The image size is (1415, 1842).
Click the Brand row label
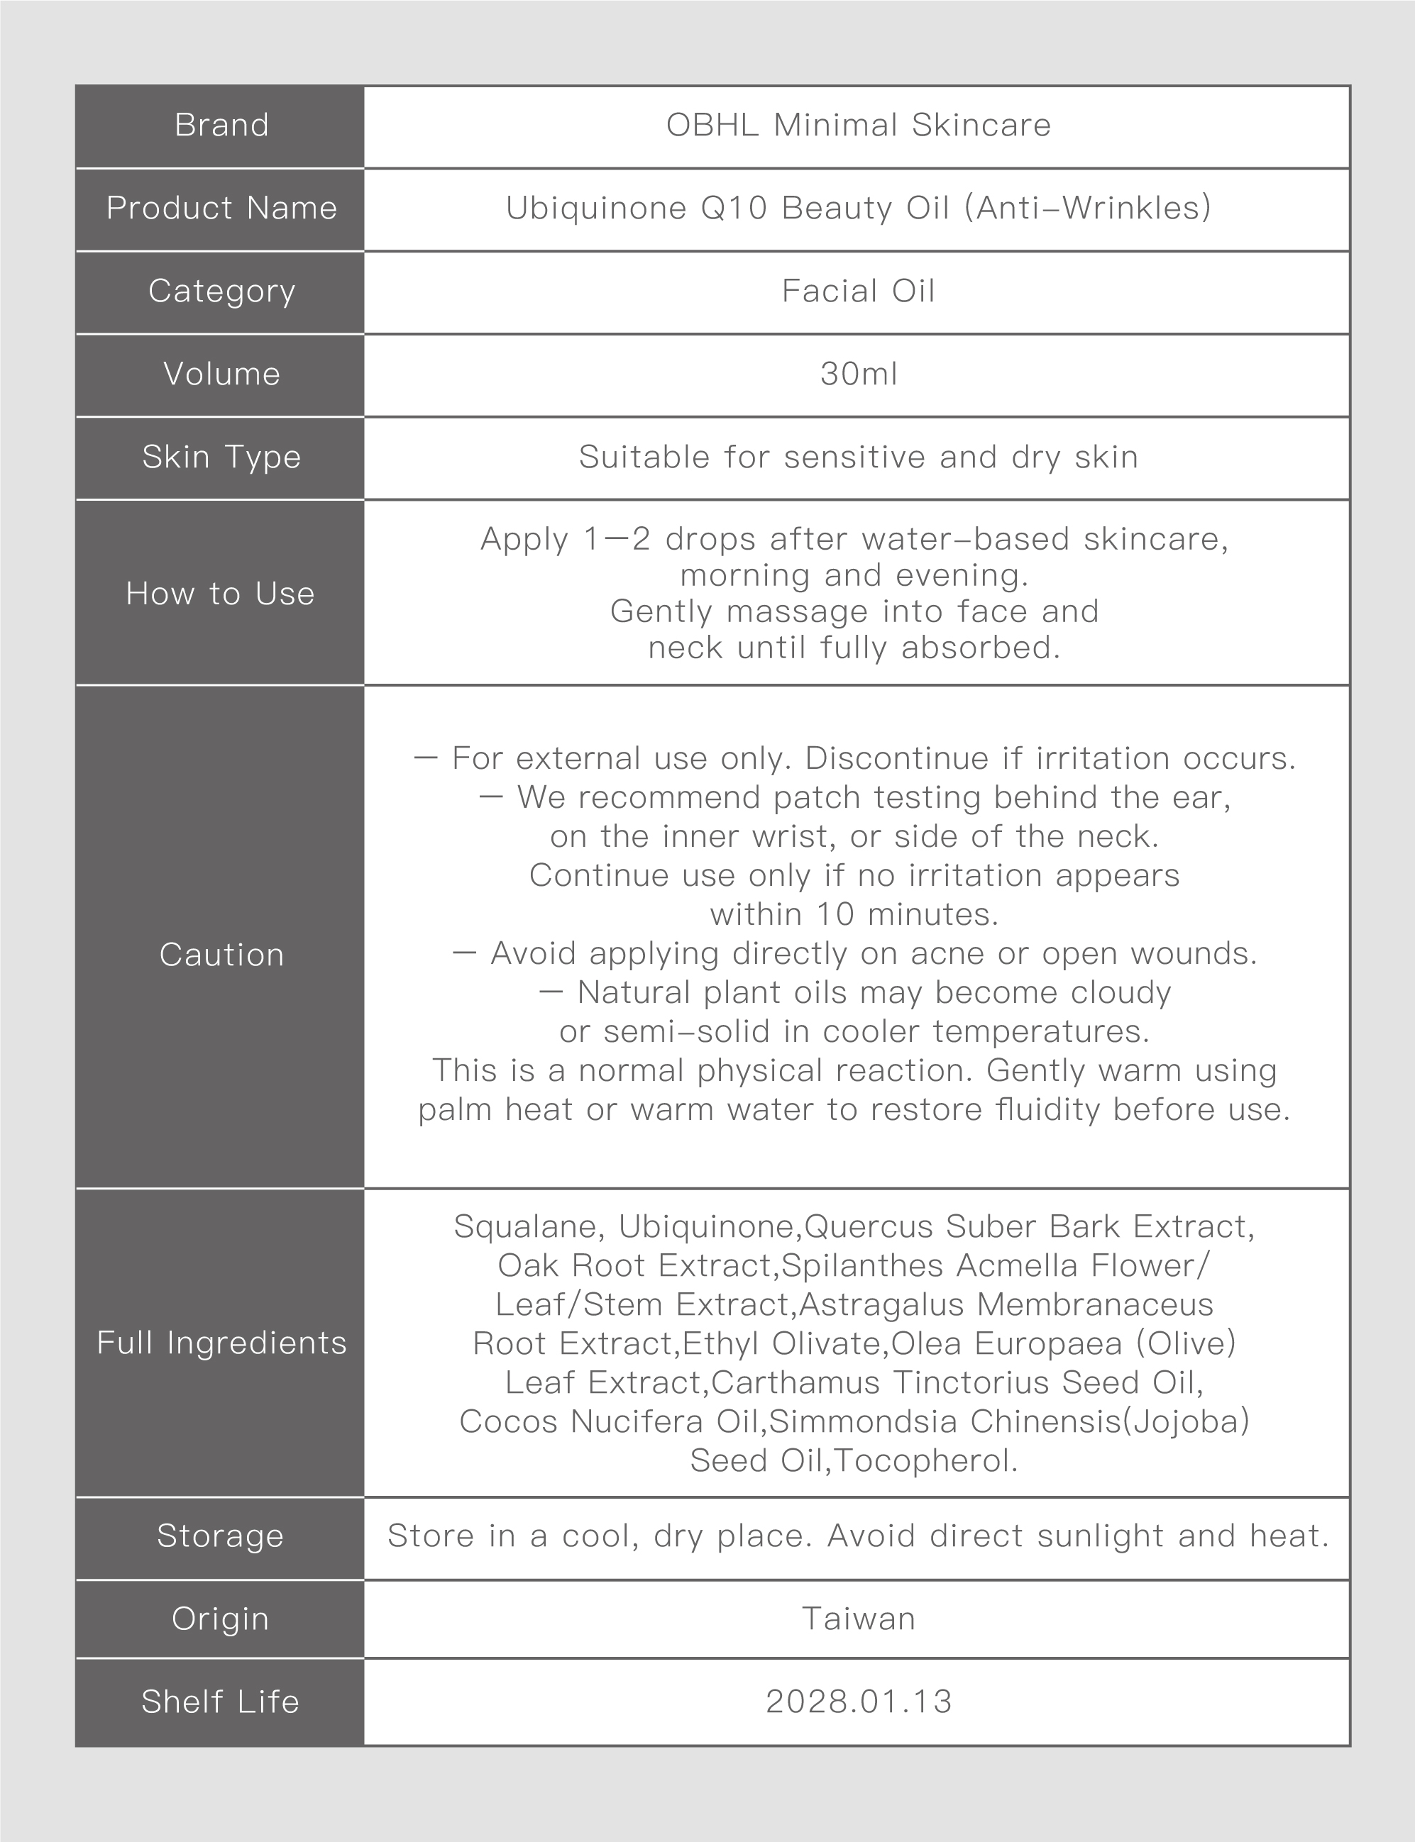pos(221,126)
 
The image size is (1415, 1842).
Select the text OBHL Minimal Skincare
pos(857,126)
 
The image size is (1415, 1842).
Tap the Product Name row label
pos(221,208)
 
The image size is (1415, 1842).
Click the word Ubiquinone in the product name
pos(595,208)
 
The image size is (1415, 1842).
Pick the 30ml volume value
pos(857,374)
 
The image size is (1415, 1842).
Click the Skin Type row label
pos(221,457)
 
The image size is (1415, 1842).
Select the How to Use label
pos(220,594)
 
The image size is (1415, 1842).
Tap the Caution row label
pos(221,955)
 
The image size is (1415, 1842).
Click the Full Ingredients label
pos(221,1343)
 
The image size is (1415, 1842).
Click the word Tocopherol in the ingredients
pos(925,1460)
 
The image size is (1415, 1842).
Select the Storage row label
pos(220,1536)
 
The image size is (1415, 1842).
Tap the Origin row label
pos(220,1619)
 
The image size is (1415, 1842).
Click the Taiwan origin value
pos(857,1619)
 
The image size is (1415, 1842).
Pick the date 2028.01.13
pos(857,1702)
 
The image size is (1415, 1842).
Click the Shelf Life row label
pos(220,1702)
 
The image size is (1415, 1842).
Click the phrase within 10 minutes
pos(854,914)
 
